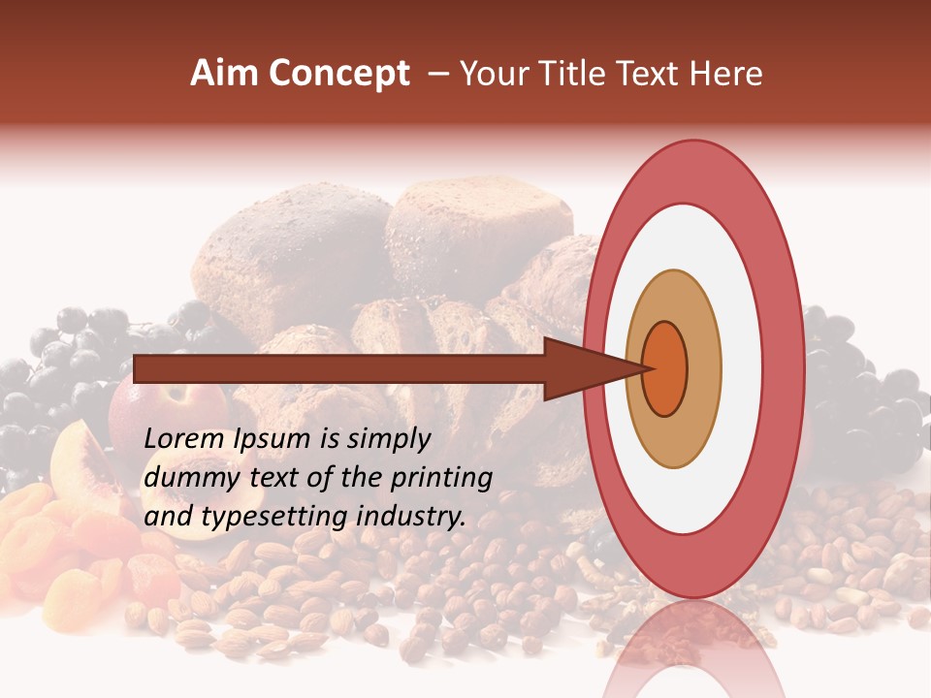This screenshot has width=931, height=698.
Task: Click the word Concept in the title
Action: [x=339, y=74]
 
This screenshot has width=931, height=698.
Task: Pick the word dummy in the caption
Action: [x=186, y=478]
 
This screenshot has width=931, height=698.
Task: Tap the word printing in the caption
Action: [x=443, y=478]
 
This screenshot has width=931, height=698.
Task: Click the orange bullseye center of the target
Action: [x=666, y=368]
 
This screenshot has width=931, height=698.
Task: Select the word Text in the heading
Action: [x=658, y=74]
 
